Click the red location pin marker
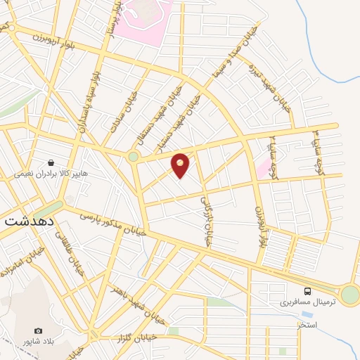click(x=181, y=165)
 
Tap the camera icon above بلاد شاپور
click(x=39, y=330)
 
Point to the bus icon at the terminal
click(x=307, y=290)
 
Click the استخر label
click(x=307, y=325)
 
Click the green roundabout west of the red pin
click(x=133, y=157)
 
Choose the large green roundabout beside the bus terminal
click(x=349, y=295)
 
